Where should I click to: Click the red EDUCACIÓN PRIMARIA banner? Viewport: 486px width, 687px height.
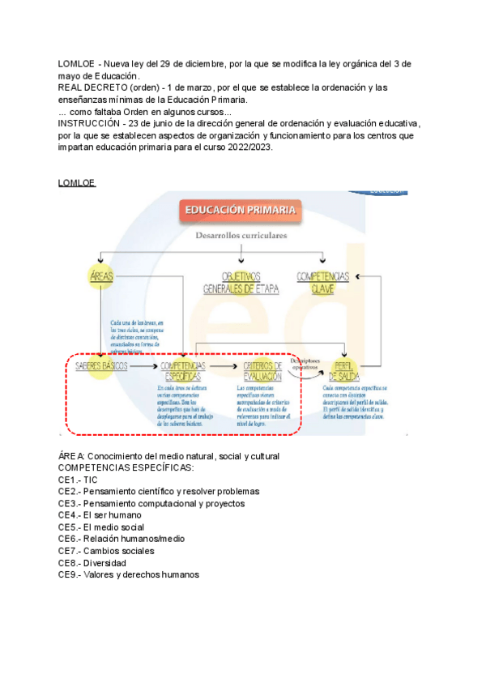241,211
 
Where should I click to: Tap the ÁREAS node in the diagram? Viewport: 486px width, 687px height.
102,277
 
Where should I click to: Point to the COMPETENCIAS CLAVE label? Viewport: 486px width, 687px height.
322,282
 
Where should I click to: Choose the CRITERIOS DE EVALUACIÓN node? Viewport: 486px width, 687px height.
262,371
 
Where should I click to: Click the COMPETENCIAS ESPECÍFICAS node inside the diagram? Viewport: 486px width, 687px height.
184,371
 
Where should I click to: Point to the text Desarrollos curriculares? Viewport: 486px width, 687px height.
241,235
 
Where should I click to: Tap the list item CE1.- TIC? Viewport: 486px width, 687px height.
78,480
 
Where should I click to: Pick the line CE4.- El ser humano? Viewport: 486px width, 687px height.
100,514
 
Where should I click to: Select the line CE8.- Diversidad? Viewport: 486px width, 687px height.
93,562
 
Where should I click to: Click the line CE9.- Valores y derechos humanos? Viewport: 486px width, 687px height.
128,574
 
